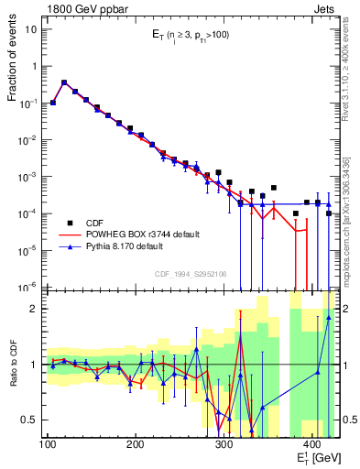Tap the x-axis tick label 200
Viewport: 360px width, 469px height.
tap(135, 445)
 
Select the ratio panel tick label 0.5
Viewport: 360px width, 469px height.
tap(31, 420)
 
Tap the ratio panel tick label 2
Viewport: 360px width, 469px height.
tap(36, 309)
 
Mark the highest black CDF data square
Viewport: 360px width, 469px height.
tap(64, 82)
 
